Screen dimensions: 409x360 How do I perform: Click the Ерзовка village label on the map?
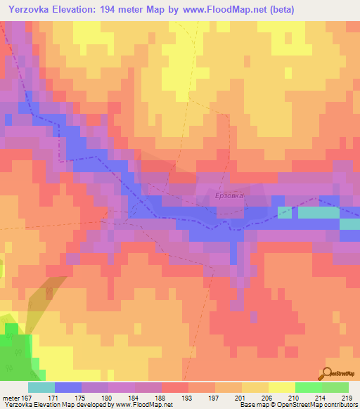pyautogui.click(x=230, y=196)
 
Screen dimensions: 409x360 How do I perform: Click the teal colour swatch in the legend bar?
pyautogui.click(x=41, y=387)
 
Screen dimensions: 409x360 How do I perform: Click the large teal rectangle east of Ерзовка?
pyautogui.click(x=318, y=212)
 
